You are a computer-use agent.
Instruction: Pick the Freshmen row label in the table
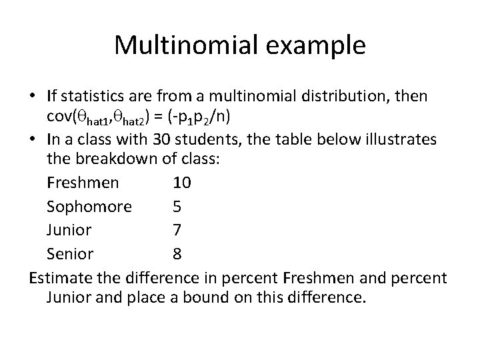coord(83,182)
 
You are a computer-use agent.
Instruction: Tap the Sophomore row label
coord(89,206)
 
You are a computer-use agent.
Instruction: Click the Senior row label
coord(71,254)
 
